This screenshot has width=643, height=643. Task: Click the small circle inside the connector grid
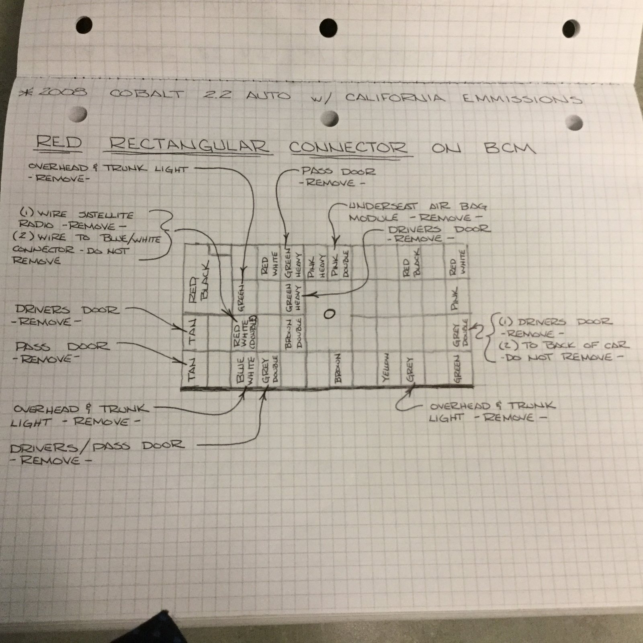point(329,314)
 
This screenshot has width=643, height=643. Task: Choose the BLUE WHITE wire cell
point(246,370)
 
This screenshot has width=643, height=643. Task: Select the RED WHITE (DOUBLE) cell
point(245,332)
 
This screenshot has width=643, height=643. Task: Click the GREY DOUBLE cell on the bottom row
point(270,369)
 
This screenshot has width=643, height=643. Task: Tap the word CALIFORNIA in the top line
point(395,98)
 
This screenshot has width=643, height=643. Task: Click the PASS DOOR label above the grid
point(338,172)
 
